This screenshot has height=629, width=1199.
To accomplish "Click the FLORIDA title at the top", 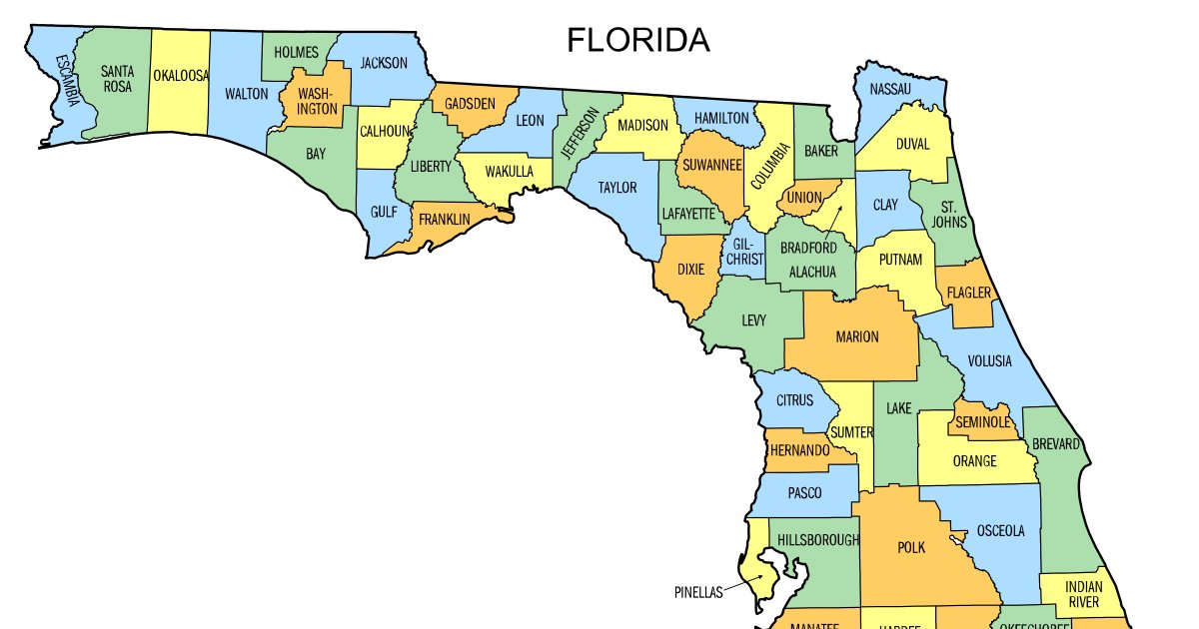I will [638, 41].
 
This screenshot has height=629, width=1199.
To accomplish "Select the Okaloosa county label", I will [180, 75].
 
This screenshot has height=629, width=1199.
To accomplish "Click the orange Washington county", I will [317, 101].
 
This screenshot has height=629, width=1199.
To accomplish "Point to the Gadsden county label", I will [470, 103].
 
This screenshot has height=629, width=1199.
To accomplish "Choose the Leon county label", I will [530, 121].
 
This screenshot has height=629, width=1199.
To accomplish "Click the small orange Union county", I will [803, 197].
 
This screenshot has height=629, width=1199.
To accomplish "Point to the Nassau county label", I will [890, 89].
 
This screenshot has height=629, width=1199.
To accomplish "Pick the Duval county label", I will [911, 144].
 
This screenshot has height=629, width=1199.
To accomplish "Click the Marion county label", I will [856, 336].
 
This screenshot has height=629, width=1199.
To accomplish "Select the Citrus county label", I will [795, 400].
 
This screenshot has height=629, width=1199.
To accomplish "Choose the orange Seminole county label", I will [982, 422].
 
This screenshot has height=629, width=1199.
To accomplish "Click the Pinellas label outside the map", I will [697, 592].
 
